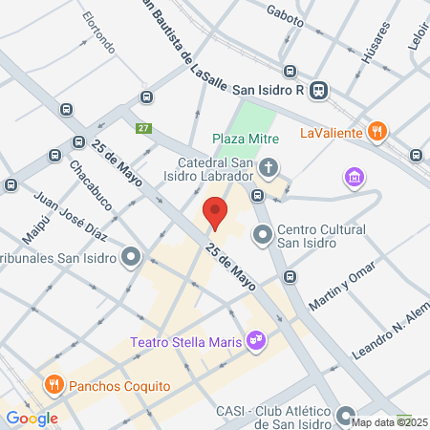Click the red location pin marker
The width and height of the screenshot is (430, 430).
(x=215, y=212)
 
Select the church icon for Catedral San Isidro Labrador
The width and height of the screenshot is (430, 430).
(x=269, y=169)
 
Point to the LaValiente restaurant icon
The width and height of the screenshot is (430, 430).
(x=378, y=131)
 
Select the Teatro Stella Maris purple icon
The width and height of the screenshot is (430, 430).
(x=255, y=338)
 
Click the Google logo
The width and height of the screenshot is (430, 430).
(x=32, y=418)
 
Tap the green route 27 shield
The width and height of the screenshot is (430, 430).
(x=143, y=129)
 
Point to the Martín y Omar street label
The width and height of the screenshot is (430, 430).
(x=340, y=289)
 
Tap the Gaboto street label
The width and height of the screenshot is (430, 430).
(x=285, y=16)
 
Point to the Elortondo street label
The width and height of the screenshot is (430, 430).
(x=98, y=33)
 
